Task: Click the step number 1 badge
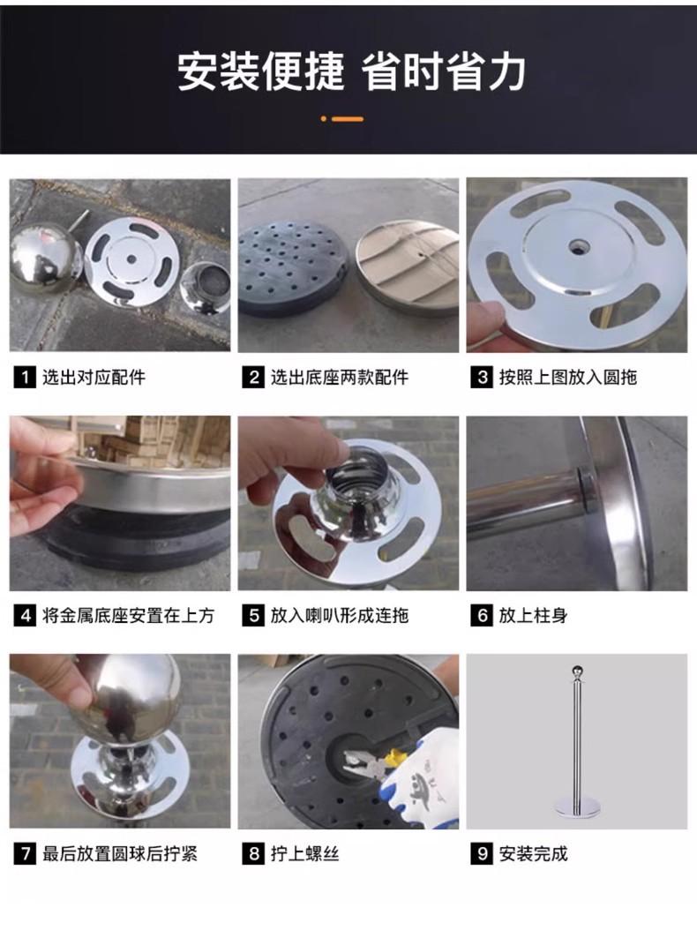click(x=25, y=378)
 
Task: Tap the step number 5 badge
click(x=253, y=616)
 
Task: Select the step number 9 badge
click(x=482, y=854)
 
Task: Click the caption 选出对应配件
click(x=94, y=378)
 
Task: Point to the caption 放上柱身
click(x=533, y=616)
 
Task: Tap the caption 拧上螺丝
click(x=304, y=854)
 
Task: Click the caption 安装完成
click(x=533, y=854)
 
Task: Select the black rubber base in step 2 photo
click(x=290, y=265)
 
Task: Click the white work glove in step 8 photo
click(x=421, y=776)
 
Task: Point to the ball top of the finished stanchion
click(x=576, y=671)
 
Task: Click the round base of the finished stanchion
click(x=576, y=813)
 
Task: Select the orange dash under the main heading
click(x=348, y=119)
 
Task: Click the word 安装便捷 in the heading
click(x=261, y=71)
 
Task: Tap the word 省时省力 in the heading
click(x=443, y=71)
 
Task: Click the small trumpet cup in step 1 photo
click(x=205, y=288)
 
